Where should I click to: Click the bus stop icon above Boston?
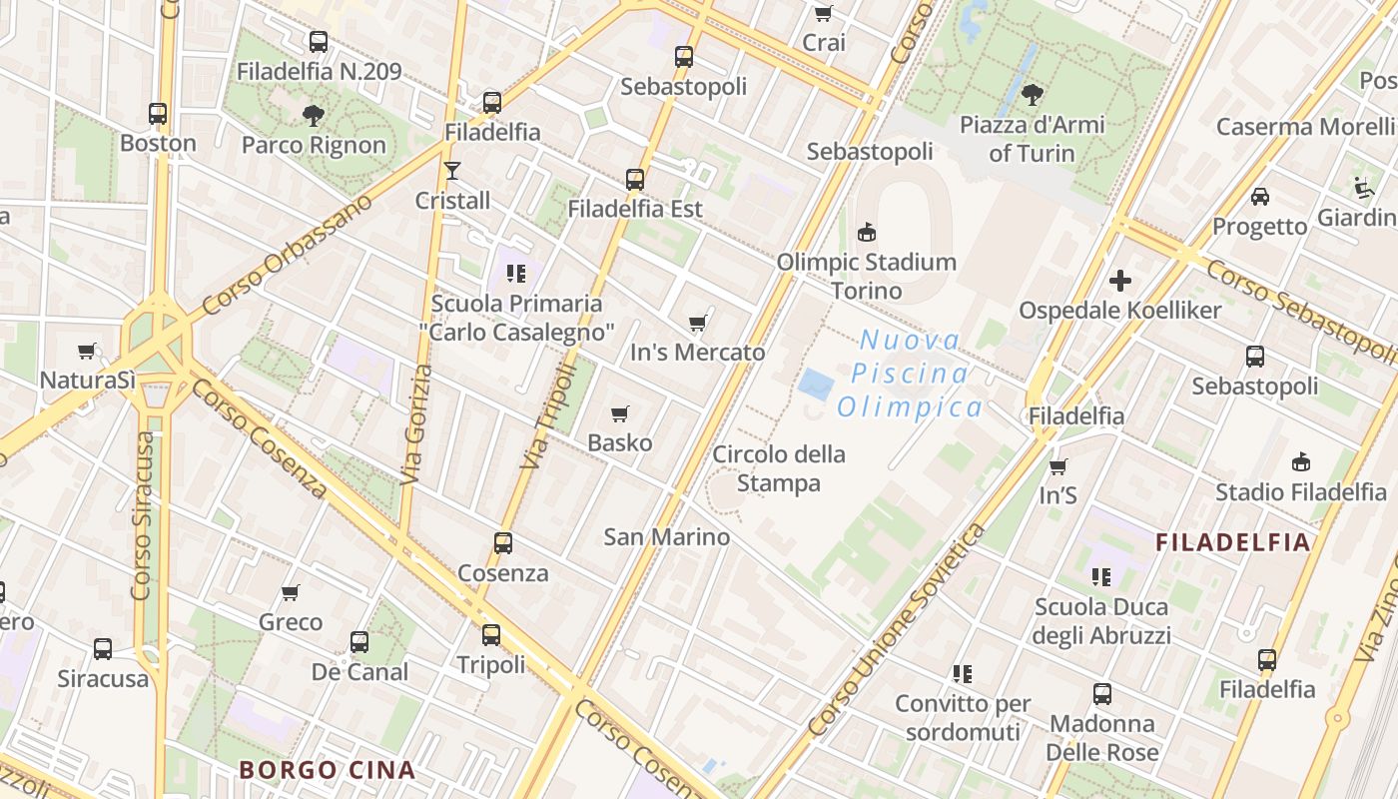click(x=158, y=114)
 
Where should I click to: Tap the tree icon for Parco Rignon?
click(x=314, y=116)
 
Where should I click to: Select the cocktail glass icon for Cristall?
click(x=452, y=171)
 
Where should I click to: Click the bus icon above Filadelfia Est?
click(x=635, y=180)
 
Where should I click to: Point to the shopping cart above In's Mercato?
click(x=697, y=323)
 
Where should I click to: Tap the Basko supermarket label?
click(x=619, y=442)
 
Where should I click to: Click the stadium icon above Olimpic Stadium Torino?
click(x=866, y=233)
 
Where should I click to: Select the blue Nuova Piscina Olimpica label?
click(x=910, y=374)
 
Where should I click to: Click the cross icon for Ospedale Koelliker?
click(x=1120, y=281)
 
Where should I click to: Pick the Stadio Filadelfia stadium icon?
click(x=1300, y=462)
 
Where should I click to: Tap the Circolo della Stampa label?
click(x=779, y=468)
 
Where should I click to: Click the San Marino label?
click(x=667, y=536)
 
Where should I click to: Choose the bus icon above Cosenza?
click(x=503, y=543)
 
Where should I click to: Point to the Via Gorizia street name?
click(x=416, y=425)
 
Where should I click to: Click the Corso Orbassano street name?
click(x=288, y=254)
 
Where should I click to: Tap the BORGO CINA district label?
click(x=327, y=770)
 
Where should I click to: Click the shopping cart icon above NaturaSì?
click(x=87, y=351)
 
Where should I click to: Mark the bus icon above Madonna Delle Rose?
click(x=1102, y=694)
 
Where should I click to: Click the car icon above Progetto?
click(x=1260, y=197)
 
